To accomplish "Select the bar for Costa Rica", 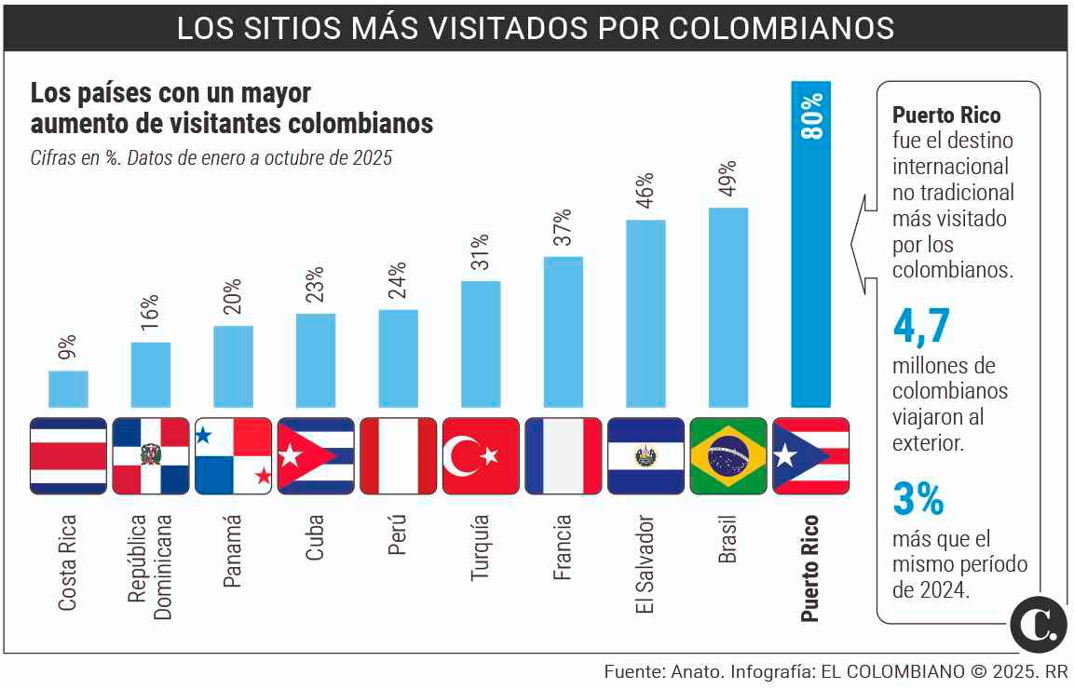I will [x=68, y=389].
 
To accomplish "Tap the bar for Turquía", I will [x=481, y=344].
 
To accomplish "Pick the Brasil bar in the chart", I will [x=728, y=307].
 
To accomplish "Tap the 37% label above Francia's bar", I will [x=562, y=227].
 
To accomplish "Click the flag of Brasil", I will [x=728, y=455].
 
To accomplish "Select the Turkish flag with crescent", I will [x=481, y=455].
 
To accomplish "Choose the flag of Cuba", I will [x=316, y=455].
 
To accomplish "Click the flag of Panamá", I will [x=233, y=455].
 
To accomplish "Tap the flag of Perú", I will [x=398, y=455].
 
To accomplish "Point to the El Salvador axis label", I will [x=646, y=564].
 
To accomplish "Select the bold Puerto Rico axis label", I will [x=810, y=567].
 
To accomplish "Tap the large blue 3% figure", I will [x=918, y=499].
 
